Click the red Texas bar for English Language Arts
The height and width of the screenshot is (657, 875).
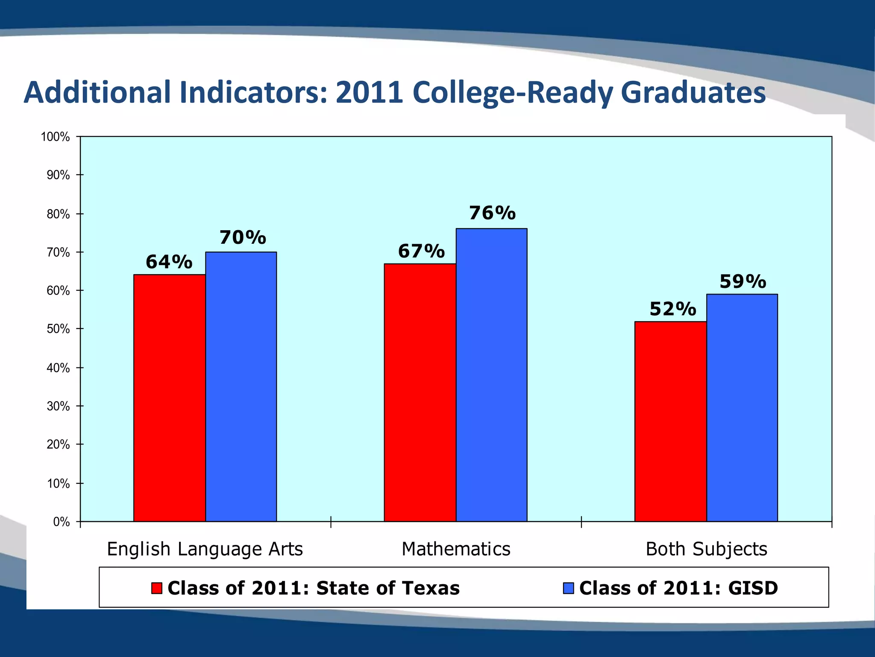(x=170, y=398)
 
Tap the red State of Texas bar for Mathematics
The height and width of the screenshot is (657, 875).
(x=420, y=392)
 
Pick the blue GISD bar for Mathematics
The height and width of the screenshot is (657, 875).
(x=491, y=375)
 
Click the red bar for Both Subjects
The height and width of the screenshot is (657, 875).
(x=670, y=421)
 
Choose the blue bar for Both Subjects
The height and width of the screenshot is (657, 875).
(x=742, y=408)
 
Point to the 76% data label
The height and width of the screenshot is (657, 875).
(x=492, y=213)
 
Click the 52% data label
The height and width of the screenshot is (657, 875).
(x=672, y=309)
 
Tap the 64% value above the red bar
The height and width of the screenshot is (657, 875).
(x=169, y=262)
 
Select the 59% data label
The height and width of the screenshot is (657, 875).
(x=743, y=281)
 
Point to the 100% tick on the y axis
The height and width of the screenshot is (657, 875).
(x=55, y=137)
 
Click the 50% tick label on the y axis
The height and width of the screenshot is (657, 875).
(x=58, y=329)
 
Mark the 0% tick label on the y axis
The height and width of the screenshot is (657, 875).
(x=61, y=522)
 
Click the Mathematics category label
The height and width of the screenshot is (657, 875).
(x=456, y=549)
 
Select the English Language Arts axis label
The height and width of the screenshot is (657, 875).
(x=205, y=549)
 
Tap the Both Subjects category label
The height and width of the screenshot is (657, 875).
(x=706, y=549)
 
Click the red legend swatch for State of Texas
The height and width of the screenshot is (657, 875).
(x=157, y=588)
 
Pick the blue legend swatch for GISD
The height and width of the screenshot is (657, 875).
(x=568, y=588)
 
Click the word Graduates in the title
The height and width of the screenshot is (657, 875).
(x=693, y=93)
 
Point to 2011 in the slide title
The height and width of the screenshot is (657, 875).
(x=369, y=93)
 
